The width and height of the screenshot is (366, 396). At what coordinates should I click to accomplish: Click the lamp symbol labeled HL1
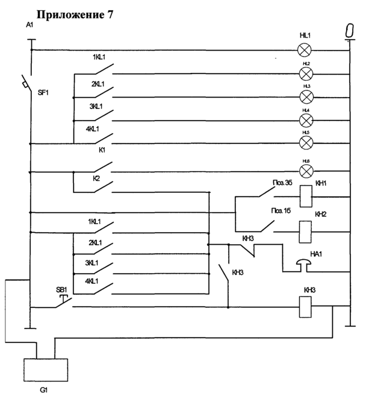pyautogui.click(x=306, y=49)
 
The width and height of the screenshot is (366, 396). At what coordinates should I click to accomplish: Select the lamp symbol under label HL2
pyautogui.click(x=306, y=74)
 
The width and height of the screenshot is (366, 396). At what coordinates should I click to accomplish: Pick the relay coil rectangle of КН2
pyautogui.click(x=306, y=227)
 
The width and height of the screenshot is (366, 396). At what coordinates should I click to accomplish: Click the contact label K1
pyautogui.click(x=102, y=149)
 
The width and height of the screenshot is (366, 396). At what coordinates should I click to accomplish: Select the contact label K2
pyautogui.click(x=96, y=179)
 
